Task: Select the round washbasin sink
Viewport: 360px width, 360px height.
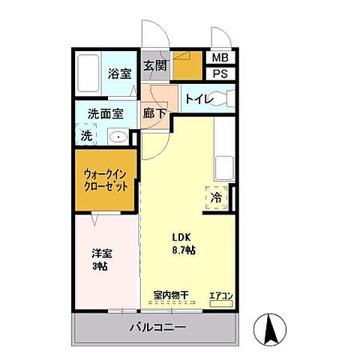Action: point(117,137)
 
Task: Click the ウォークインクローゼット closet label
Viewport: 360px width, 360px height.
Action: point(106,180)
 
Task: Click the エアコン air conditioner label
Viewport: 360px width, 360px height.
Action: point(220,295)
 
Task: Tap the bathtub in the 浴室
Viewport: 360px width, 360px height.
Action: point(88,73)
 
